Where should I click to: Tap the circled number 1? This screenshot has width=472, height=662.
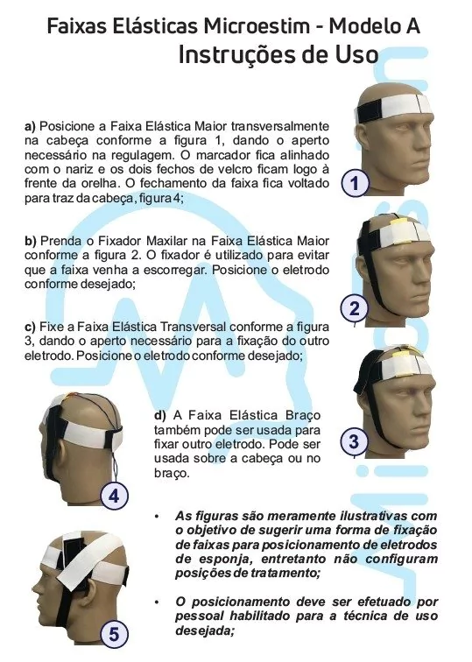pyautogui.click(x=355, y=183)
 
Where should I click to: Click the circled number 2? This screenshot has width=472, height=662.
pyautogui.click(x=354, y=308)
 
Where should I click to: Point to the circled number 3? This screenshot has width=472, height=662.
pyautogui.click(x=354, y=441)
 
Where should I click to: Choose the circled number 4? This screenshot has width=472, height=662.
pyautogui.click(x=115, y=496)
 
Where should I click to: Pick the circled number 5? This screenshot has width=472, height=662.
pyautogui.click(x=115, y=634)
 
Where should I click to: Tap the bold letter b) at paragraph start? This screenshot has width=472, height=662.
pyautogui.click(x=31, y=241)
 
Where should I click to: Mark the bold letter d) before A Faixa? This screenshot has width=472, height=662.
pyautogui.click(x=160, y=415)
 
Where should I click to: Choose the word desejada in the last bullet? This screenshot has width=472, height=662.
pyautogui.click(x=205, y=630)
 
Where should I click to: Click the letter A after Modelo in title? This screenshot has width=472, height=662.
pyautogui.click(x=412, y=26)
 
